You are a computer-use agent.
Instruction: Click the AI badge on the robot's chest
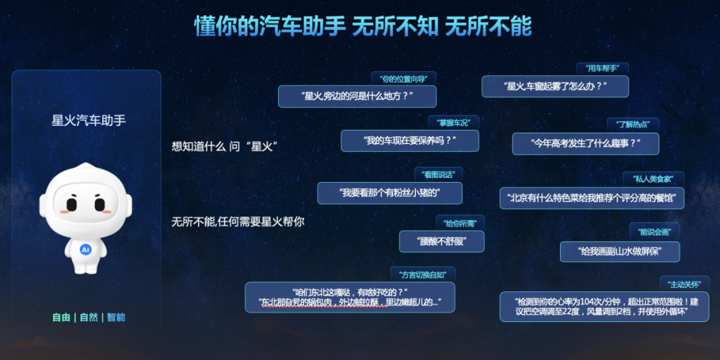click(85, 249)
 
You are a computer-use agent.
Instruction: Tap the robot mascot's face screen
click(85, 202)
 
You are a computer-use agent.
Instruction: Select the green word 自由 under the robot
click(61, 317)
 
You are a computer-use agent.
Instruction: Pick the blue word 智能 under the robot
click(116, 317)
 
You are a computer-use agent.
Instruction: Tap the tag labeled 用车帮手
click(603, 69)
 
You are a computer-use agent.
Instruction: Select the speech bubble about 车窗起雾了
click(555, 87)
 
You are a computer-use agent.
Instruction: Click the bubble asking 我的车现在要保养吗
click(409, 141)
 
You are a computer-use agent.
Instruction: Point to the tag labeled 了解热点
click(633, 124)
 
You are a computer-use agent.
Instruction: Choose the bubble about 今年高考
click(585, 143)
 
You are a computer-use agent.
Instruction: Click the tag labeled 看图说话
click(438, 175)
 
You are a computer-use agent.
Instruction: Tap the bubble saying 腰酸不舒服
click(441, 241)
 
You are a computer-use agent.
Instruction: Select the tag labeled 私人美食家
click(653, 179)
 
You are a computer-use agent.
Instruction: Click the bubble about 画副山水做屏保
click(619, 252)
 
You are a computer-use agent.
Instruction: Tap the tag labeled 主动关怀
click(684, 284)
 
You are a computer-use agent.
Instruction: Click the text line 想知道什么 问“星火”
click(224, 147)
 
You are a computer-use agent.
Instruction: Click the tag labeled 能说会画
click(655, 231)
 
